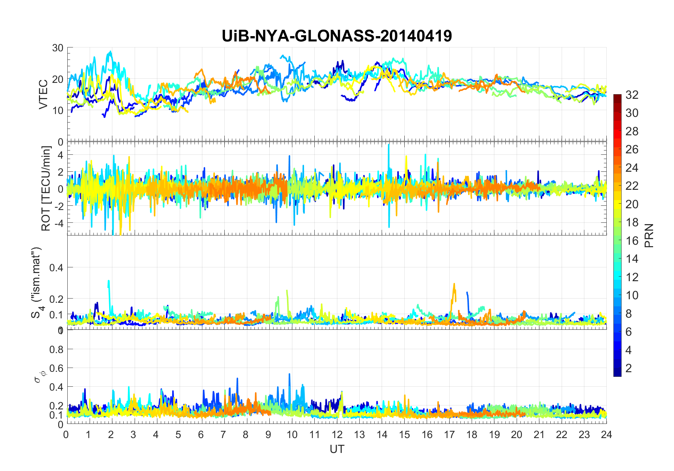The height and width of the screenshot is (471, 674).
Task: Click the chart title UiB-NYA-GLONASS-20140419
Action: [337, 36]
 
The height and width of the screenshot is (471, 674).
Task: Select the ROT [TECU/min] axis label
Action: [46, 188]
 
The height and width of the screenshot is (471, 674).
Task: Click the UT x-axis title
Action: [337, 449]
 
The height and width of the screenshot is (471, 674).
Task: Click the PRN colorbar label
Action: [649, 235]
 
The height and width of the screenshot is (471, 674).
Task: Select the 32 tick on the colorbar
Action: [632, 95]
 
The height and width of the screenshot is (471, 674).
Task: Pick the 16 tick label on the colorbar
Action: [632, 241]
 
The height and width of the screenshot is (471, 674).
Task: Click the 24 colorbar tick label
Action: [632, 168]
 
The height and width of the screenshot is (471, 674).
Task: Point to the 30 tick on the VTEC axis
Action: [58, 48]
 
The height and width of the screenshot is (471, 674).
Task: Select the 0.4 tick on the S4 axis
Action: [56, 267]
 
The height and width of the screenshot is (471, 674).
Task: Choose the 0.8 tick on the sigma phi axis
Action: [56, 349]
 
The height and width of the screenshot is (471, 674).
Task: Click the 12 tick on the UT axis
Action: [337, 435]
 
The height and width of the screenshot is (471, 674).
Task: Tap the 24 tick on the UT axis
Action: [606, 435]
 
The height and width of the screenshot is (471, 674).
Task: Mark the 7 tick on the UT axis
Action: [223, 435]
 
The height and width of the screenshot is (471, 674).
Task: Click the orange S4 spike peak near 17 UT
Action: [454, 284]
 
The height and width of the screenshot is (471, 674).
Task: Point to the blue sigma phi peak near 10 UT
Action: [290, 374]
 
